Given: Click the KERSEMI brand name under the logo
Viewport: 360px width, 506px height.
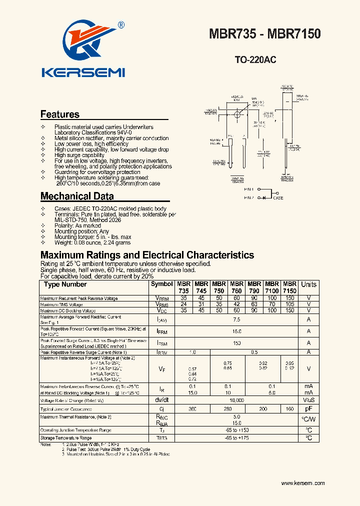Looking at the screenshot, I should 82,73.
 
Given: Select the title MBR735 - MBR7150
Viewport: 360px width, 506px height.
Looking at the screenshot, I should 264,34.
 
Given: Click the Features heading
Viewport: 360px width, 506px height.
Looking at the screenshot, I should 59,114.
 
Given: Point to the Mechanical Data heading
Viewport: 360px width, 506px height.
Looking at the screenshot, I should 77,196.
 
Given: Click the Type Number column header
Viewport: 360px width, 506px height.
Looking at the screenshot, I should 65,284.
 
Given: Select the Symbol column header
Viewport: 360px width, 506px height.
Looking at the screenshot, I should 161,284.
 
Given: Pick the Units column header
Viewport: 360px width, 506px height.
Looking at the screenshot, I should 308,284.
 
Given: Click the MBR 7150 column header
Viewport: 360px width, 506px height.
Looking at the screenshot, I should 289,287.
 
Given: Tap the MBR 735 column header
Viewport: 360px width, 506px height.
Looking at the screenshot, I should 183,287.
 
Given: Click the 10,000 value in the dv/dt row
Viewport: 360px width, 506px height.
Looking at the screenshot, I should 236,400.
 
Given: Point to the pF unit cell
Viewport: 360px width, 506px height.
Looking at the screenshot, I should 308,409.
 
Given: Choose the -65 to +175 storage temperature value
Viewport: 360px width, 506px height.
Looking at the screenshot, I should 236,438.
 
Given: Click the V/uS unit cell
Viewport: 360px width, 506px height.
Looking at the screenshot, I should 308,400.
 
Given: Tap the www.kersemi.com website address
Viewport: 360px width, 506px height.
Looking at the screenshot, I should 303,483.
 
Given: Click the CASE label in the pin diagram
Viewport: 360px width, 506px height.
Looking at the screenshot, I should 278,198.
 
